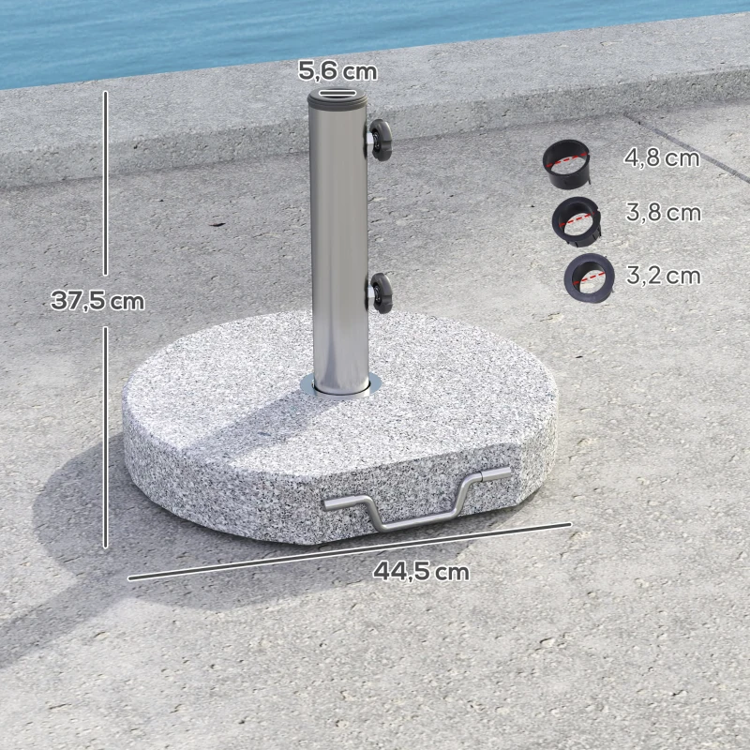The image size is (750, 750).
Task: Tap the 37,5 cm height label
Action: click(98, 301)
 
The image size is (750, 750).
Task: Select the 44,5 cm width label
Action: click(421, 570)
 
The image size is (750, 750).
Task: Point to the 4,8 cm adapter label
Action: click(662, 157)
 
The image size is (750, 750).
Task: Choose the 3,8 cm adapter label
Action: click(663, 213)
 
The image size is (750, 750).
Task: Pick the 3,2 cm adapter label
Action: click(663, 276)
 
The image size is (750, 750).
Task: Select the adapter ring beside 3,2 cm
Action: click(588, 276)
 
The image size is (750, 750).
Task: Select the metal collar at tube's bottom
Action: click(339, 386)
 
